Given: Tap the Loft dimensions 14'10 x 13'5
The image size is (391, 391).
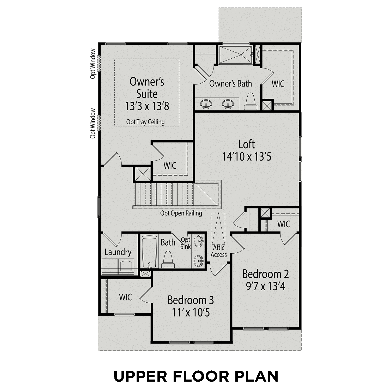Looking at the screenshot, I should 247,157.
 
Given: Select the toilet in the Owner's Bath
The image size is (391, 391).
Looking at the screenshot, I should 250,102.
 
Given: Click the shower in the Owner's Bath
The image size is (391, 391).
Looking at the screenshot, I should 235,54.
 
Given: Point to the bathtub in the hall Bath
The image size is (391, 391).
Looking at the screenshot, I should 149,252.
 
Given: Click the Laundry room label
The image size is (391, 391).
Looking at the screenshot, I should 118,252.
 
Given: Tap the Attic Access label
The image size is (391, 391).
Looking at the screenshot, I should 218,251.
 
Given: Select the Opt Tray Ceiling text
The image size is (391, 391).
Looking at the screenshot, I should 145,122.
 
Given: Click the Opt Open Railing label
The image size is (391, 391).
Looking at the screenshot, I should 181,213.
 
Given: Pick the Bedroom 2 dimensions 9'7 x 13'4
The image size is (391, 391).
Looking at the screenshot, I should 265,286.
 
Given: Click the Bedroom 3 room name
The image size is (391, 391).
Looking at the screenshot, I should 191,300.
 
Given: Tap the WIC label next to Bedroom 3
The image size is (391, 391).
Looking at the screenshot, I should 125,297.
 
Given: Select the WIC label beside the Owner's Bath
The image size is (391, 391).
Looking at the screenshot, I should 278,84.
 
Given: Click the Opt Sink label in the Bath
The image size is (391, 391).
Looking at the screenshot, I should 186,243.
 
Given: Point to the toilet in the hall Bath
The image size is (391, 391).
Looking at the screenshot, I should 168,260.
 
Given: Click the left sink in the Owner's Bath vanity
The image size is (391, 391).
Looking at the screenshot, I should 206,105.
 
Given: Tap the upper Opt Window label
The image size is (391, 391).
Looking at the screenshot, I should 93,64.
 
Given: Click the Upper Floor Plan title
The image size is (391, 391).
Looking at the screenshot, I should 196,376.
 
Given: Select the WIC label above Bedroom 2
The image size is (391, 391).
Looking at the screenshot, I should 284,224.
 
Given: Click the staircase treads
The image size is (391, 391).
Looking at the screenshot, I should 164,194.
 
